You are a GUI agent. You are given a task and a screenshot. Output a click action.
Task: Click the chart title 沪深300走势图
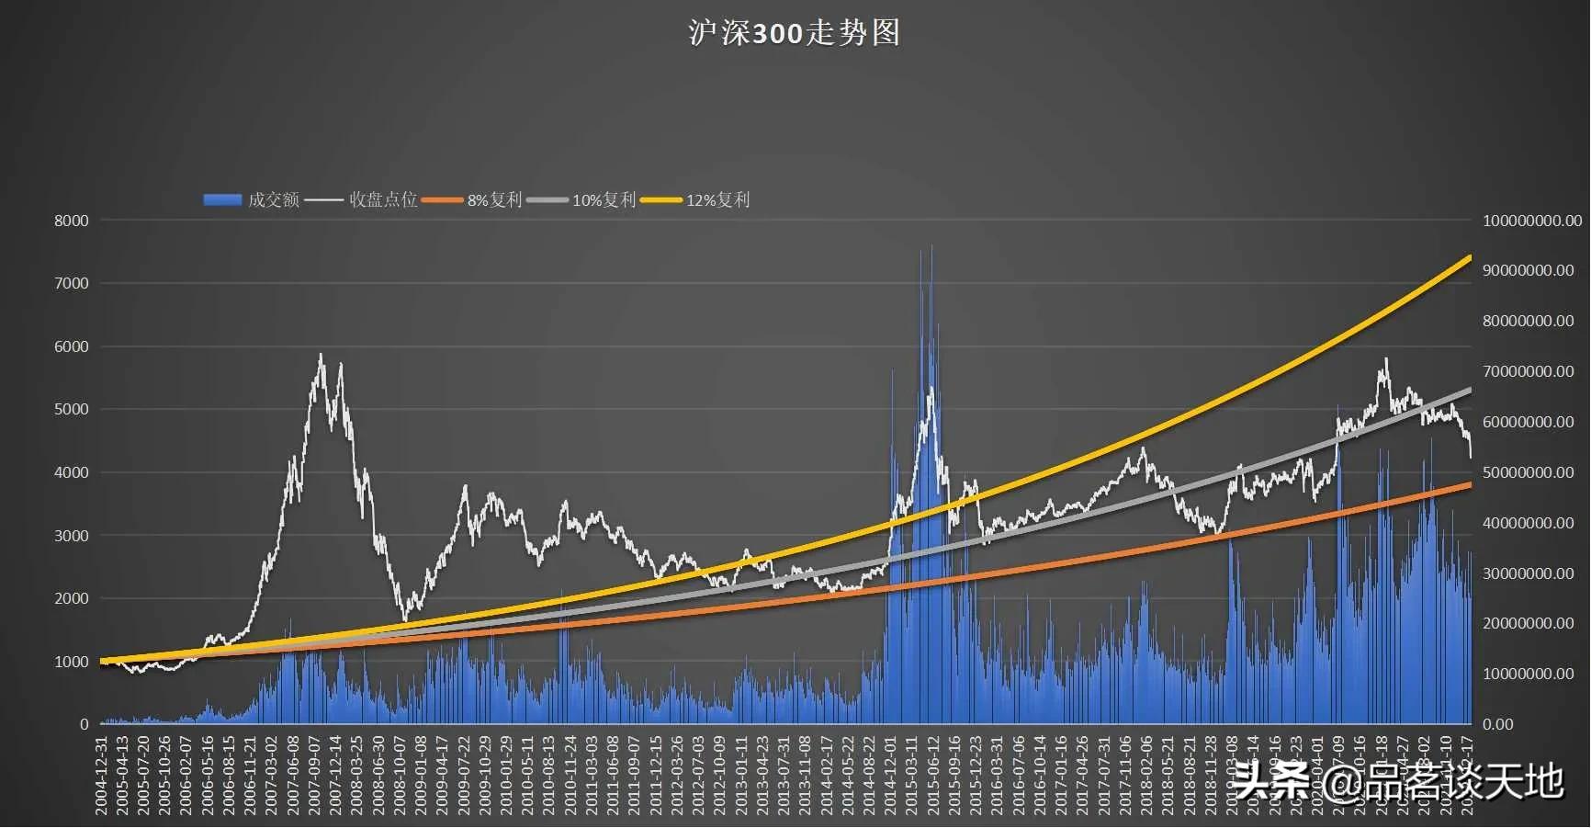click(x=795, y=33)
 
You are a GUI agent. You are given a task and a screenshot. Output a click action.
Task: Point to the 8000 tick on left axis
click(x=72, y=221)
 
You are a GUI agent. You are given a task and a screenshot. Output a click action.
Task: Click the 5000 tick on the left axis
click(x=72, y=409)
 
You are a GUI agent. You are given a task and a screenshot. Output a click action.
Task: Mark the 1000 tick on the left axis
click(x=72, y=662)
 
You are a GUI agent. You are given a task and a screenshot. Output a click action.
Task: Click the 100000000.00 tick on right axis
click(x=1531, y=221)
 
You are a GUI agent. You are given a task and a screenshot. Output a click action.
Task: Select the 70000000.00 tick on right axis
click(x=1528, y=371)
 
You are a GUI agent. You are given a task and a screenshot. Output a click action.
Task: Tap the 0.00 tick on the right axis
click(x=1498, y=724)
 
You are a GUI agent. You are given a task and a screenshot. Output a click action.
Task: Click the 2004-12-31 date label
click(x=102, y=775)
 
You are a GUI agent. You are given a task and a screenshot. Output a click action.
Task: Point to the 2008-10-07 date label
click(x=401, y=775)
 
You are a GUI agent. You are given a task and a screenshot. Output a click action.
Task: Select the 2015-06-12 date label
click(x=933, y=775)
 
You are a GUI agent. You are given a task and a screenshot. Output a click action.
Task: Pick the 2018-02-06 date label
click(x=1146, y=775)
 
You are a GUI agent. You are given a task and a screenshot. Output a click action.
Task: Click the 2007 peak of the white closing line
click(x=321, y=355)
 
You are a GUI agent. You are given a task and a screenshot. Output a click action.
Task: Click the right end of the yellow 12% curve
click(x=1470, y=257)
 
